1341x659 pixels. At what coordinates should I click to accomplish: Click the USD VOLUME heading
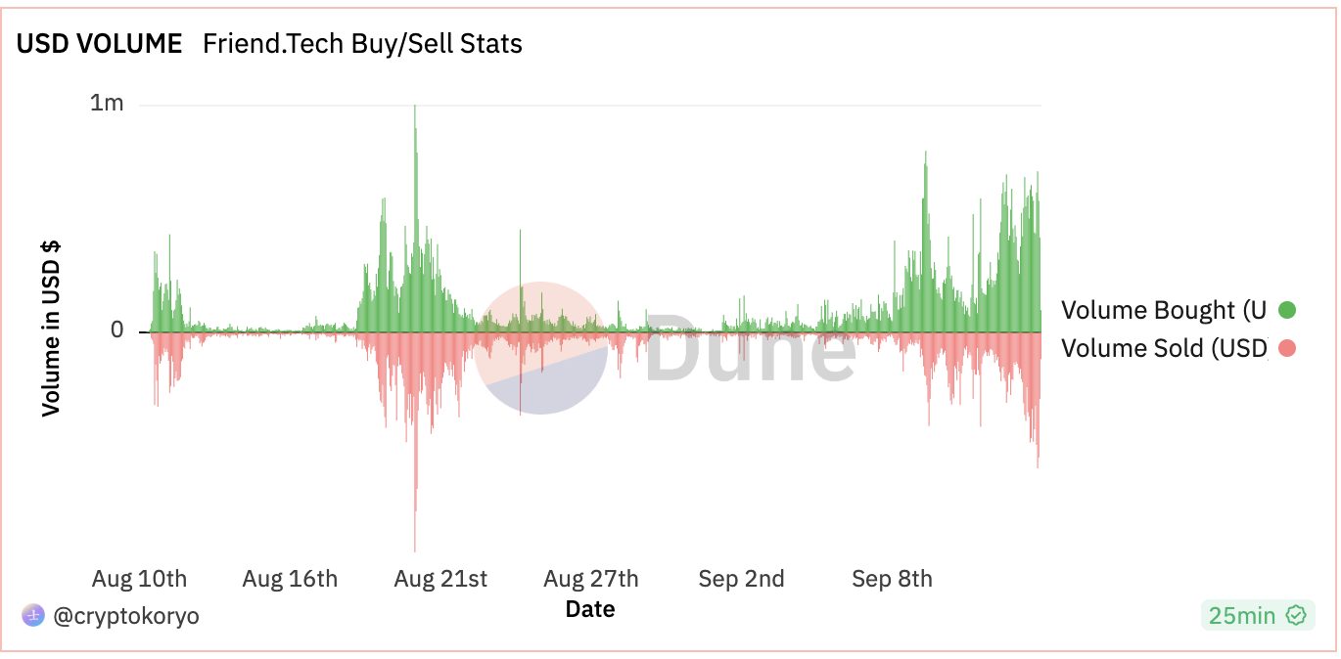(x=99, y=44)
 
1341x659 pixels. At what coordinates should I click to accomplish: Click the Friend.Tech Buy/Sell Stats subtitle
(x=362, y=44)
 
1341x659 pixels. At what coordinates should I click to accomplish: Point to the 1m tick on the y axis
(x=107, y=103)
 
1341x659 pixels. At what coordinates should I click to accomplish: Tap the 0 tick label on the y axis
(x=117, y=330)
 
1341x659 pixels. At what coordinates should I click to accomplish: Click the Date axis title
(x=590, y=609)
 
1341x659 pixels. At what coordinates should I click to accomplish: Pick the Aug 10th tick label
(x=139, y=579)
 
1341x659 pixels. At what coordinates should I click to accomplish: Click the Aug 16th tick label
(x=290, y=579)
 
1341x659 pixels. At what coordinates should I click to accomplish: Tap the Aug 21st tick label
(x=440, y=579)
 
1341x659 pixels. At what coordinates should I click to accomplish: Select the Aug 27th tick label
(x=591, y=579)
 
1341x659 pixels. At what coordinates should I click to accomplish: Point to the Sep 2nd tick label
(x=741, y=579)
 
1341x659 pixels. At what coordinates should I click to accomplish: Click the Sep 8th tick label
(x=892, y=579)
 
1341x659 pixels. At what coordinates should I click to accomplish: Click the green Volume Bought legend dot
(x=1287, y=311)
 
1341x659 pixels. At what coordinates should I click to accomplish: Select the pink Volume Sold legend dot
(x=1287, y=348)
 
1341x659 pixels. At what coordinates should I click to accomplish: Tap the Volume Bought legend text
(x=1163, y=311)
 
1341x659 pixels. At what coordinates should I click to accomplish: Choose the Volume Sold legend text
(x=1163, y=348)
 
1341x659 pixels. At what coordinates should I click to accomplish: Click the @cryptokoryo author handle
(x=125, y=616)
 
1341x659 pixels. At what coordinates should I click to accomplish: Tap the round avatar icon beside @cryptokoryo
(x=33, y=615)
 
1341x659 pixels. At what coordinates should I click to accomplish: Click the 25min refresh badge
(x=1257, y=615)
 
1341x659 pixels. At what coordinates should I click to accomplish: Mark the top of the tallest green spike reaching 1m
(x=415, y=106)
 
